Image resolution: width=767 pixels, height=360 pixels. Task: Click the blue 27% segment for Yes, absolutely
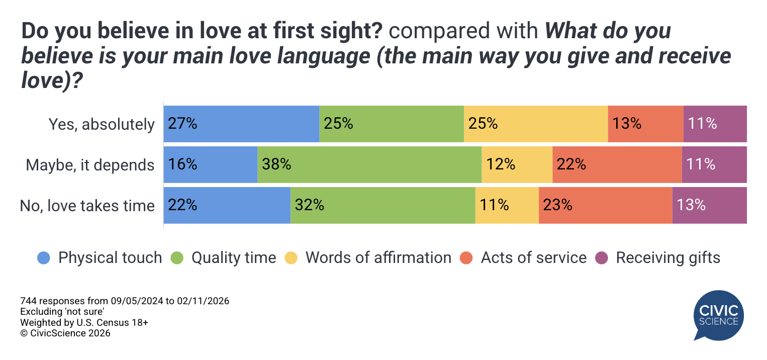[x=241, y=124]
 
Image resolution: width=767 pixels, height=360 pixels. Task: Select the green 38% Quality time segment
[x=369, y=164]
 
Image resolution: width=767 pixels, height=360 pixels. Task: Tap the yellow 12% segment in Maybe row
[x=517, y=164]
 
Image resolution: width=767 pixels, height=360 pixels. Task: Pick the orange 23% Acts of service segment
[x=605, y=205]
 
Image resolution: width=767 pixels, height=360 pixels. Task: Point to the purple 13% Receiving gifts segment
[x=709, y=205]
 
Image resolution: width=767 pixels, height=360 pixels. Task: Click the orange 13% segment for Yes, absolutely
[x=645, y=124]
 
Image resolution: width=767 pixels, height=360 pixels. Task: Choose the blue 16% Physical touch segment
[x=211, y=164]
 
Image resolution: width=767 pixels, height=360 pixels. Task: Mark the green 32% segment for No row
[x=382, y=205]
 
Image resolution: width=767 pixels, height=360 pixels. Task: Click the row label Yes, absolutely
[x=101, y=124]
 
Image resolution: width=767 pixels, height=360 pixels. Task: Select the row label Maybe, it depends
[x=90, y=165]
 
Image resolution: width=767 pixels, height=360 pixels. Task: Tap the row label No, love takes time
[x=87, y=206]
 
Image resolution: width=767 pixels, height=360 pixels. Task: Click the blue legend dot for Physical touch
[x=44, y=258]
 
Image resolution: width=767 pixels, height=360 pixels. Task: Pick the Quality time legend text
[x=234, y=258]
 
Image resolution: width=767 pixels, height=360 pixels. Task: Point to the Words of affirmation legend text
[x=378, y=258]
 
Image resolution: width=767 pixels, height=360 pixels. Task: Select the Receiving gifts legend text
[x=668, y=258]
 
